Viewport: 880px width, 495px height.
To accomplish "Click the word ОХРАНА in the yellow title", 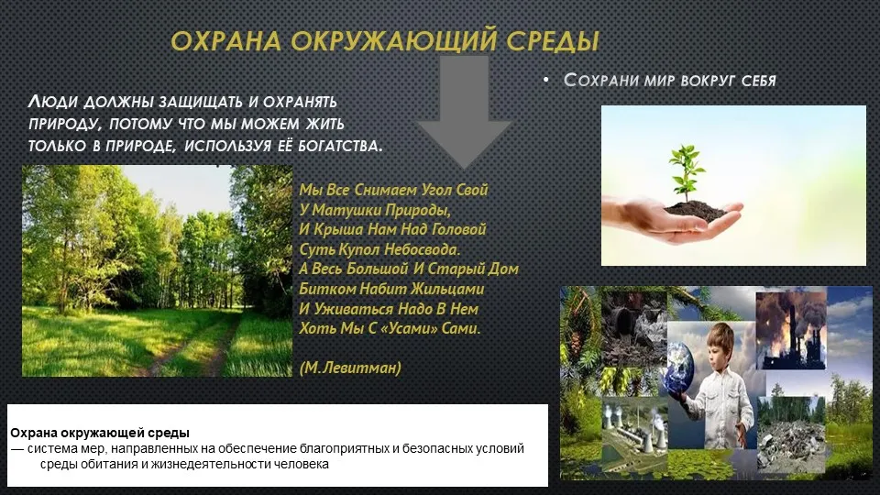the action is pos(226,41).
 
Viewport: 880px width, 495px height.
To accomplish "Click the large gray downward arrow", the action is pos(463,111).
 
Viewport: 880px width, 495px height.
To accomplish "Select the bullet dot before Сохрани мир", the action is pos(546,81).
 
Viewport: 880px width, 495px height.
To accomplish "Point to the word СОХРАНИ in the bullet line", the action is pos(601,81).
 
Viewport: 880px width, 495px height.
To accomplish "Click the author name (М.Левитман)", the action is pos(350,368).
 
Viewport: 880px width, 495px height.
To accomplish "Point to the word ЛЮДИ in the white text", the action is pos(53,102).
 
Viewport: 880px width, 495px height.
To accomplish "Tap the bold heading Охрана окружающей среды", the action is pos(100,433).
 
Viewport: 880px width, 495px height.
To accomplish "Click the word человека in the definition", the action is pos(301,464).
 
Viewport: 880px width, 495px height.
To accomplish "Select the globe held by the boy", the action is pos(678,368).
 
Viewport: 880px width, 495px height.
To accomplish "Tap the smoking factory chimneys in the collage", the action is pos(791,331).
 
